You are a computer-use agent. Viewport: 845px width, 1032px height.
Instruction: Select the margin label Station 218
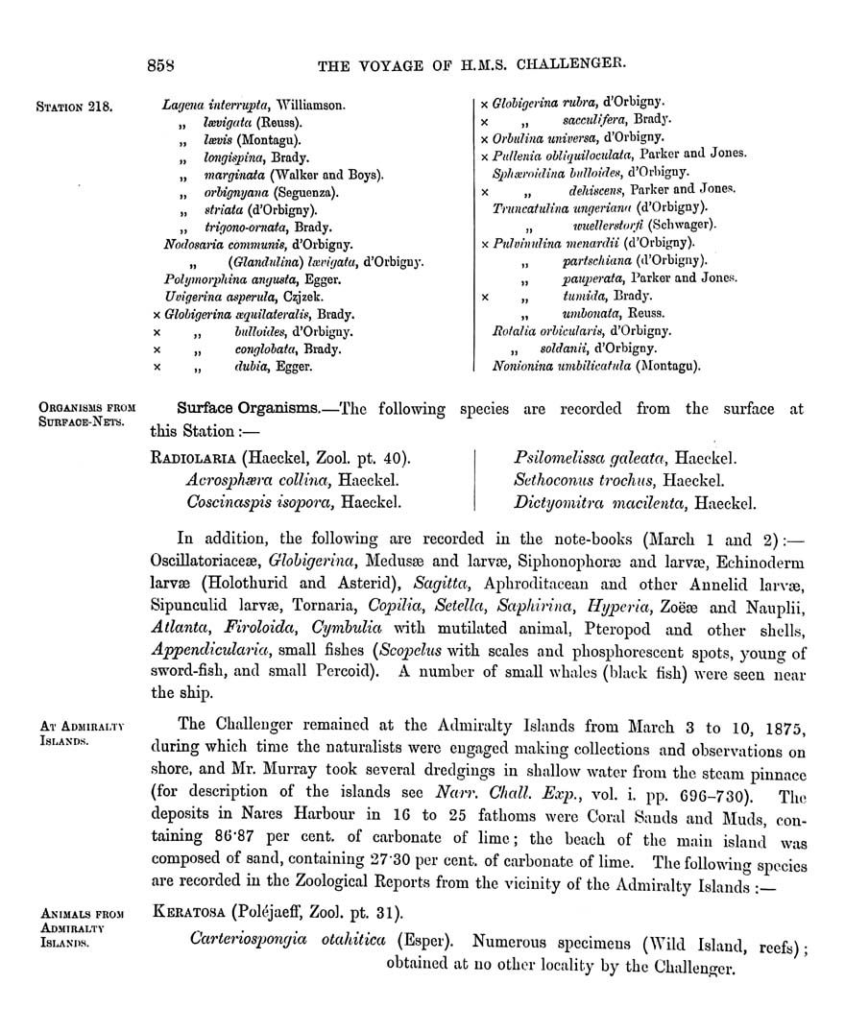(x=74, y=106)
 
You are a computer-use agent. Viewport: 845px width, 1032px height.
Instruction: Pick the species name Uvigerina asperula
(x=205, y=297)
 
